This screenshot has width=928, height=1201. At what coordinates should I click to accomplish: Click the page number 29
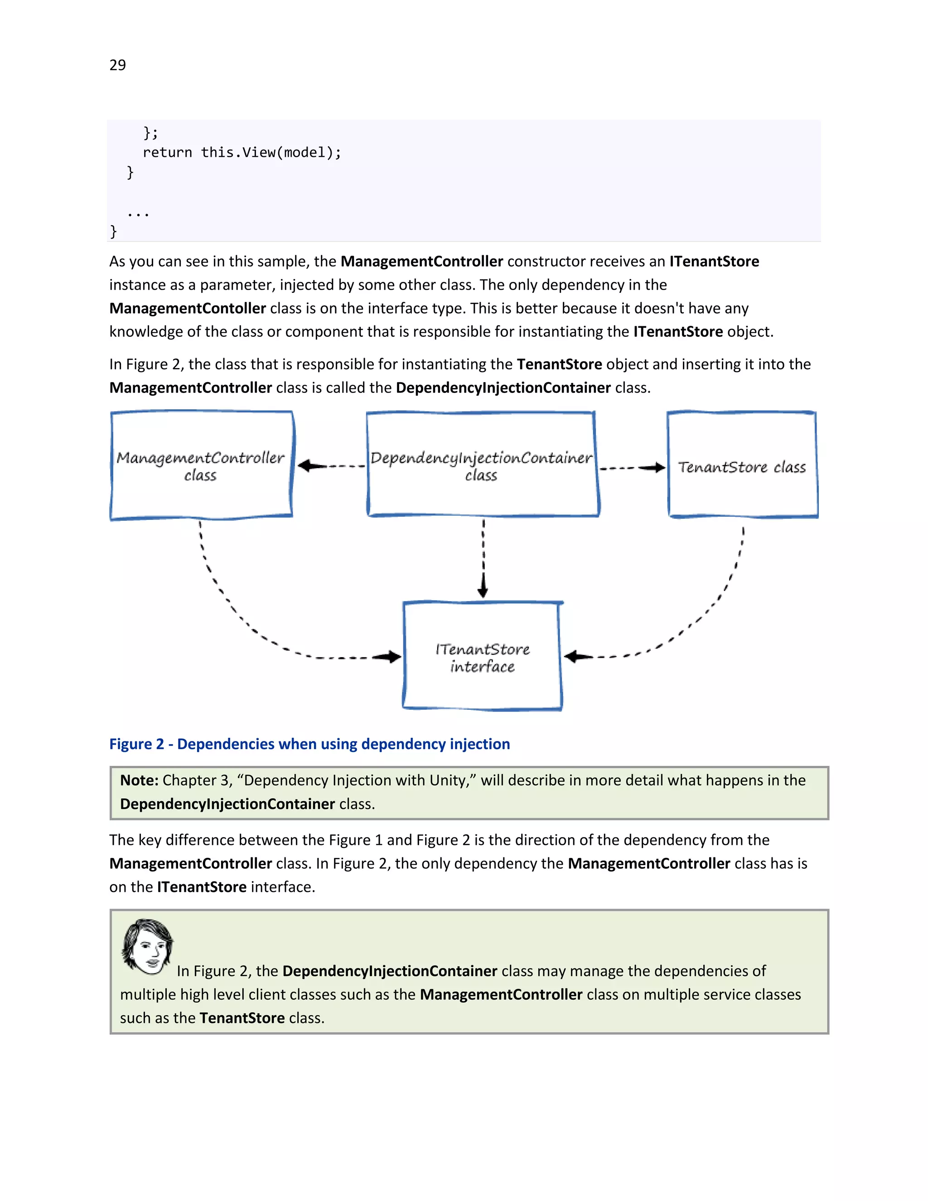[x=118, y=65]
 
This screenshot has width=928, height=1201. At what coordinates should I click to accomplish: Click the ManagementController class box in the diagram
[x=201, y=465]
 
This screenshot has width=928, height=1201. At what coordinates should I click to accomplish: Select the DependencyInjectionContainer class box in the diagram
[x=482, y=465]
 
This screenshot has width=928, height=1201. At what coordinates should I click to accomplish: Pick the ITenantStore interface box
[x=482, y=657]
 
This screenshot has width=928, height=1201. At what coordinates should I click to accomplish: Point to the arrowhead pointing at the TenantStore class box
[x=657, y=468]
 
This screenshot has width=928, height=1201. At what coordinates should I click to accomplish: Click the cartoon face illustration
[x=147, y=947]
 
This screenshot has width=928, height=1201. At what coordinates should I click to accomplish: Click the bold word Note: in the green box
[x=139, y=780]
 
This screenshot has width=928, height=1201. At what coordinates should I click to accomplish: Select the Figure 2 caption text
[x=309, y=744]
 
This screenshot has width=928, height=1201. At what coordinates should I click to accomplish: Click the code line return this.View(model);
[x=242, y=152]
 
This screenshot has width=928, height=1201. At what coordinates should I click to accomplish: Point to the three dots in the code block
[x=138, y=214]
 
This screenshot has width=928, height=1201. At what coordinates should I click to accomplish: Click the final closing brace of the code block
[x=113, y=232]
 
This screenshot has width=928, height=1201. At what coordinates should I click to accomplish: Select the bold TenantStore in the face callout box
[x=242, y=1018]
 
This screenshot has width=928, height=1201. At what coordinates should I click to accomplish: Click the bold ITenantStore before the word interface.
[x=201, y=887]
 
